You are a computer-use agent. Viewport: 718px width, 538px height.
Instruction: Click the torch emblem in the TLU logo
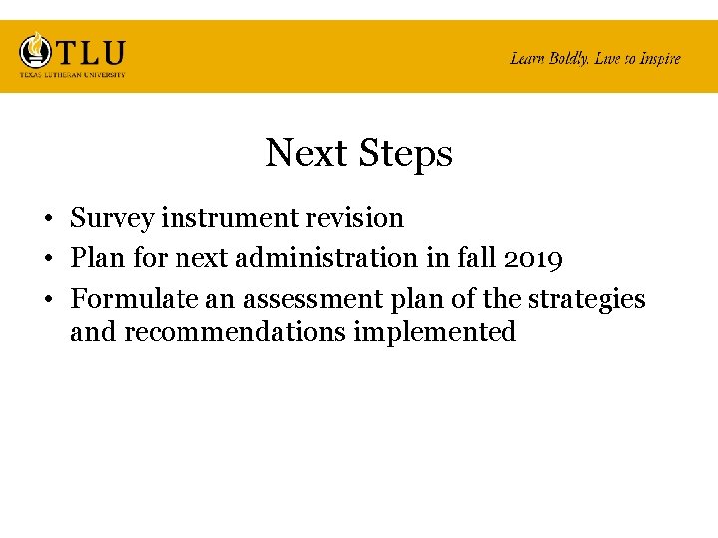pos(37,50)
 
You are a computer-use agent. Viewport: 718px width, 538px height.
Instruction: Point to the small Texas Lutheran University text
pos(72,74)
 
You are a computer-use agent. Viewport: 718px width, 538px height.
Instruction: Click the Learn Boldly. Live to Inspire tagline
pos(594,58)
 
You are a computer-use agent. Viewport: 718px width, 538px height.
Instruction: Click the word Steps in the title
pos(405,154)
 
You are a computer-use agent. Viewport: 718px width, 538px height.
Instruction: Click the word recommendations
pos(234,331)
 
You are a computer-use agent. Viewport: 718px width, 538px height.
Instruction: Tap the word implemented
pos(434,331)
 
